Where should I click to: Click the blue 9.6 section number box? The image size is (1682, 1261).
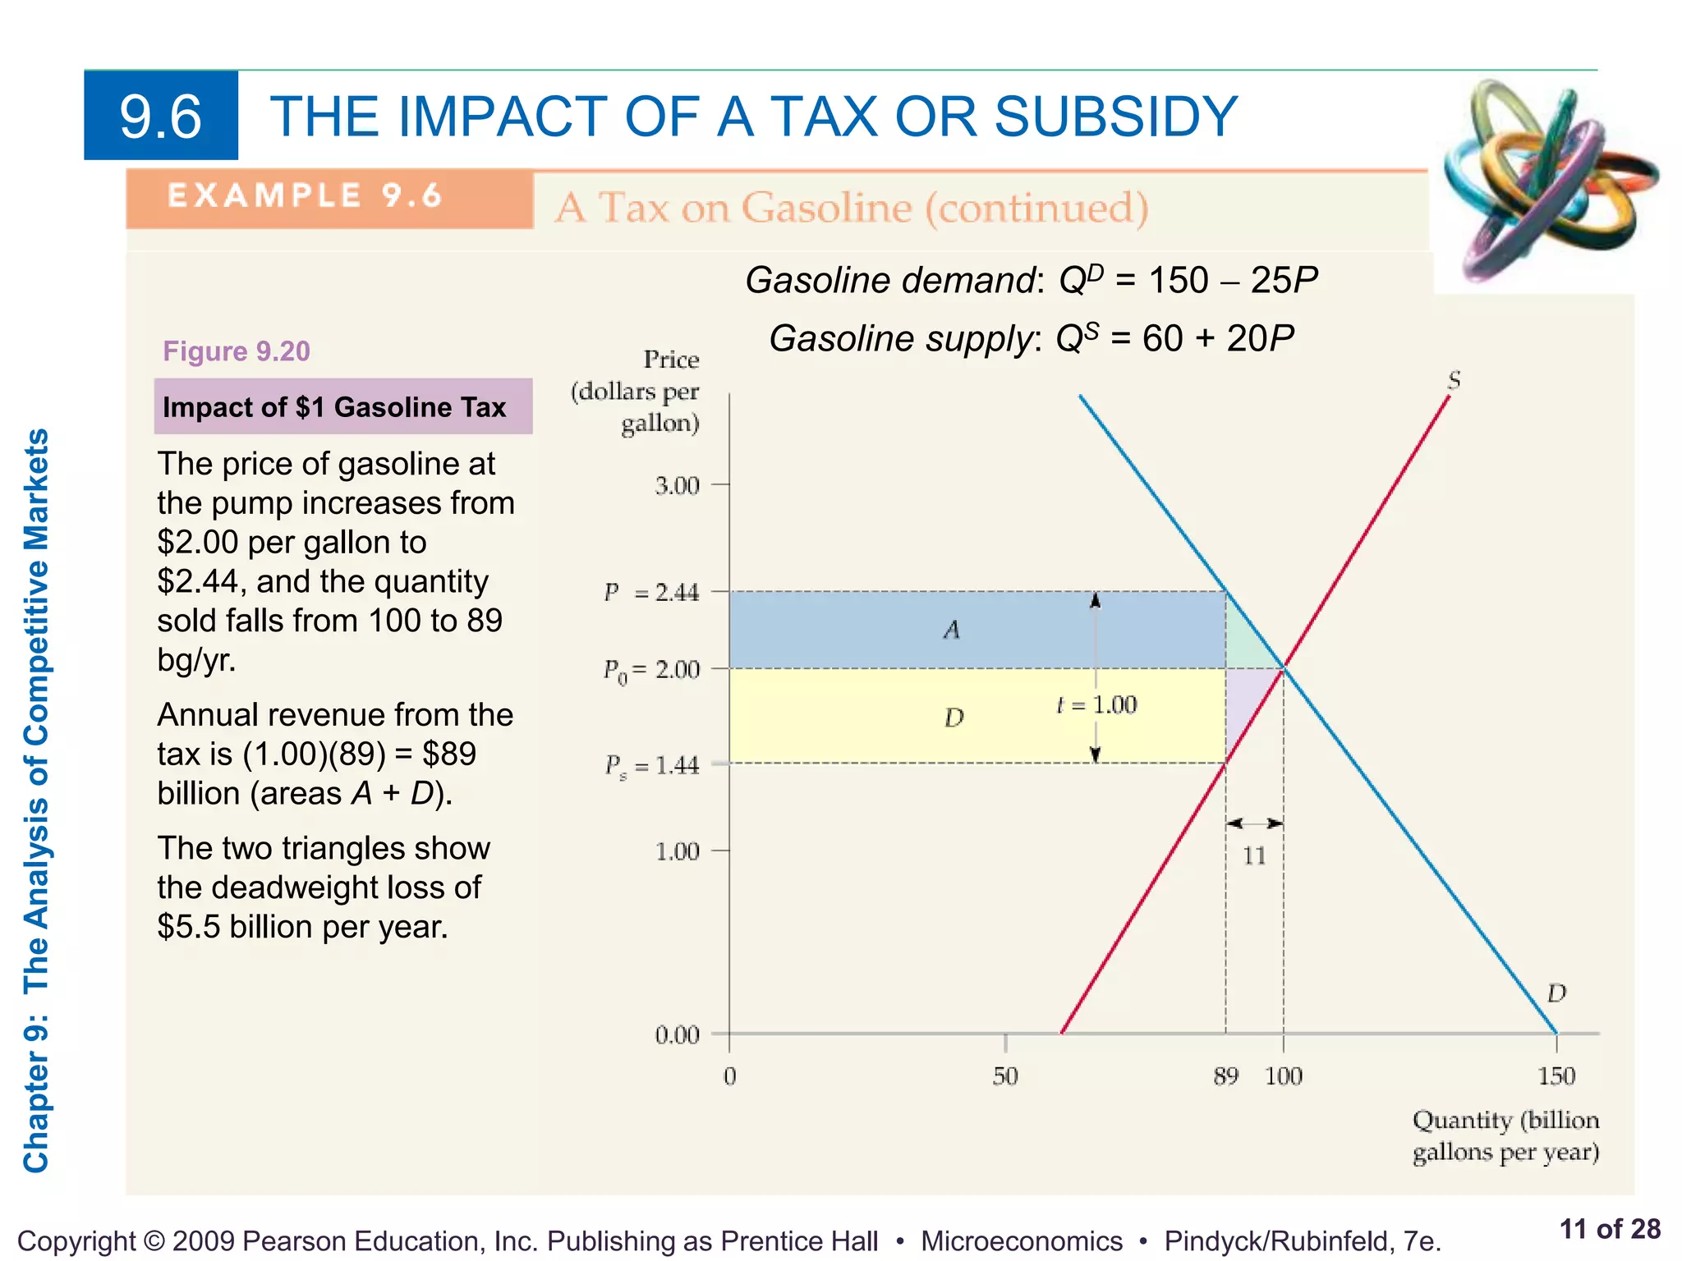(x=161, y=115)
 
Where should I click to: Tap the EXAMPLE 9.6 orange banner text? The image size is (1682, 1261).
(x=305, y=196)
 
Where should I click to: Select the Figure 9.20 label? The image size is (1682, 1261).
(x=237, y=351)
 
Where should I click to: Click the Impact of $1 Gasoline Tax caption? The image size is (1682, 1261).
(x=334, y=407)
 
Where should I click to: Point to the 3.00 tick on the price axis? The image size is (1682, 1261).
(x=678, y=486)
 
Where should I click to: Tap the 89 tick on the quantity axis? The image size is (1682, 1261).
(x=1225, y=1075)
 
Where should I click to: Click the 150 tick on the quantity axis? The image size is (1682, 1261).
(x=1556, y=1075)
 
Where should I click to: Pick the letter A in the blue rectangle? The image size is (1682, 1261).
(x=951, y=630)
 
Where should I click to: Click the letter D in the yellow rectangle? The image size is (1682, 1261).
(x=954, y=718)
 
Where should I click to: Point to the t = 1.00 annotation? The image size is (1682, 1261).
(x=1096, y=705)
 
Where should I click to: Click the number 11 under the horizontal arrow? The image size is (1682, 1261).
(x=1254, y=856)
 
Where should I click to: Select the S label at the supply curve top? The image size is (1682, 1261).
(x=1454, y=380)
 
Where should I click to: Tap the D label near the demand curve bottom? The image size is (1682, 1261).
(x=1556, y=994)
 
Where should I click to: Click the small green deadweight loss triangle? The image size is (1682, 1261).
(x=1244, y=649)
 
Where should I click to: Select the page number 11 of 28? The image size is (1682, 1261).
(x=1609, y=1229)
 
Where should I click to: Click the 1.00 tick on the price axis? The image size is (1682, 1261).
(x=678, y=851)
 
